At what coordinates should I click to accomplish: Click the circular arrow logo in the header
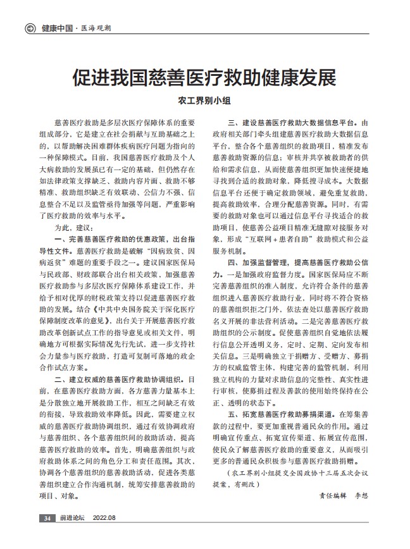(x=30, y=28)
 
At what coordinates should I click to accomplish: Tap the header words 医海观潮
(x=94, y=28)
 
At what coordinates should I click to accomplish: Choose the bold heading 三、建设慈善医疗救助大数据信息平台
(x=296, y=122)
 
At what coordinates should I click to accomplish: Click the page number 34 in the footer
(x=47, y=519)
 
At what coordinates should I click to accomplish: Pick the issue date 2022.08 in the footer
(x=105, y=519)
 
